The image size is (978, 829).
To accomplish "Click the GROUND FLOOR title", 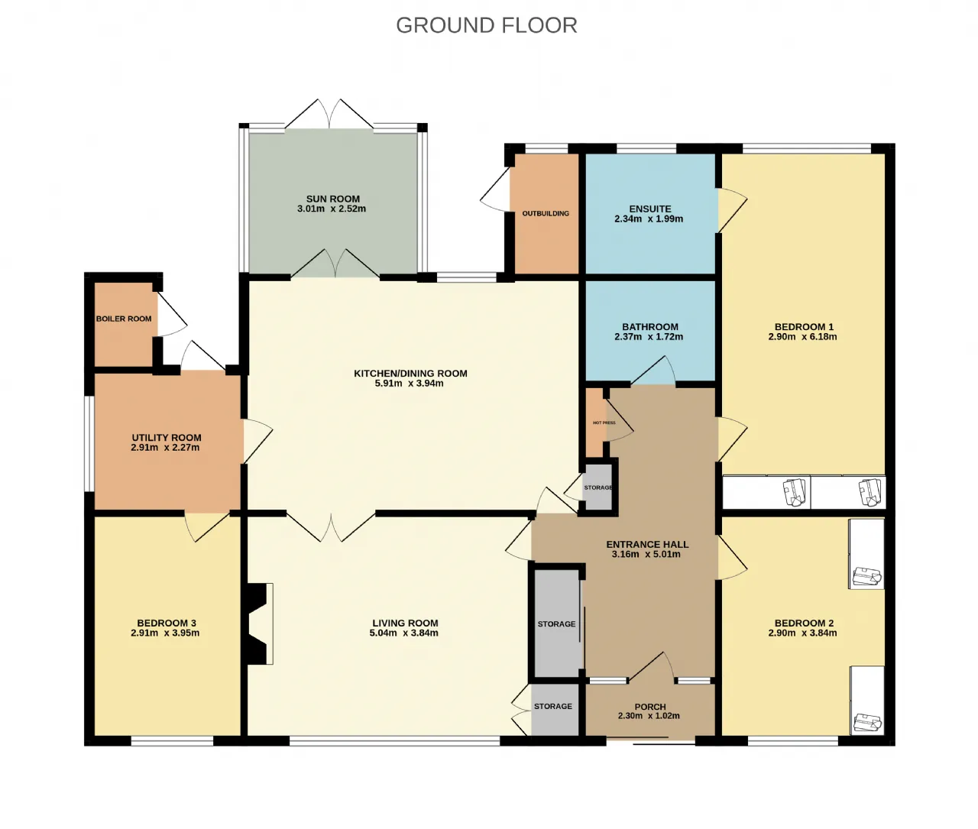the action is click(x=487, y=25).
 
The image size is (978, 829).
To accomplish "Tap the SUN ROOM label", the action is click(x=332, y=199).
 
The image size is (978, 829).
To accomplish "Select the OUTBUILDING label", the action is click(x=546, y=213).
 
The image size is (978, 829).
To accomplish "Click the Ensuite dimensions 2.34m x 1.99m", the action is click(x=649, y=219).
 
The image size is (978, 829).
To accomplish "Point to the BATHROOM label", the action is click(x=650, y=326).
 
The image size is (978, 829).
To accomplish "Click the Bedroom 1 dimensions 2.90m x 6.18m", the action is click(x=802, y=337).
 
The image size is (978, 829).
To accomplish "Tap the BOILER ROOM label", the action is click(x=124, y=319).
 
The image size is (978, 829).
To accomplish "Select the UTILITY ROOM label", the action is click(x=167, y=438).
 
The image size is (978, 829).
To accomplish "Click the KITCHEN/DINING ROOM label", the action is click(x=411, y=374).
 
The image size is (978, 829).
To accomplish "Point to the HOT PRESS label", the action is click(x=604, y=423).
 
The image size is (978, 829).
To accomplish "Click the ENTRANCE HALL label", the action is click(x=647, y=545).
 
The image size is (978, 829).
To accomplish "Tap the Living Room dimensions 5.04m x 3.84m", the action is click(x=403, y=633).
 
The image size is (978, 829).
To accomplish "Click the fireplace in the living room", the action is click(x=258, y=623).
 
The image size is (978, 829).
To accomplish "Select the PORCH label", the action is click(x=650, y=707).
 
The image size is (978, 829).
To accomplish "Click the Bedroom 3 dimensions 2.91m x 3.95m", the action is click(x=165, y=633).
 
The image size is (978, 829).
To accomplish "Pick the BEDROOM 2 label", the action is click(x=804, y=623).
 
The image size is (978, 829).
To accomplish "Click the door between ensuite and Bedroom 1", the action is click(x=731, y=210).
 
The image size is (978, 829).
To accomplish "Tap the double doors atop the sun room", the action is click(x=329, y=114).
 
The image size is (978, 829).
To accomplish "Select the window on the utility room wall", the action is click(x=89, y=444).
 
